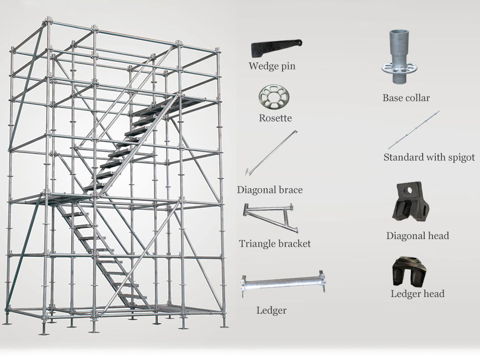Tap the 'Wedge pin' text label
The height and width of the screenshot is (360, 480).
tap(271, 66)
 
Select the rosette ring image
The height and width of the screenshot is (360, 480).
tap(274, 98)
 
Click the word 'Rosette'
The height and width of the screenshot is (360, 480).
tap(275, 118)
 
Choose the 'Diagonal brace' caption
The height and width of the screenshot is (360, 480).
tap(270, 190)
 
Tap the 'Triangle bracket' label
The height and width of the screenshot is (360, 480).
tap(275, 243)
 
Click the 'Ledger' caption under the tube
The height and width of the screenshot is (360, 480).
tap(271, 310)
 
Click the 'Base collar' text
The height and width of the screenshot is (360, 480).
tap(406, 98)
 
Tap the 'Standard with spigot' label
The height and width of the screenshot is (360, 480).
tap(429, 157)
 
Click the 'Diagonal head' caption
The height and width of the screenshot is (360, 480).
tap(417, 236)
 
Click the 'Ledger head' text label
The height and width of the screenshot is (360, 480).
tap(417, 294)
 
